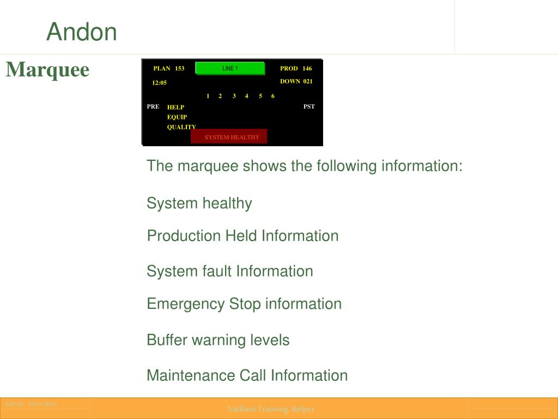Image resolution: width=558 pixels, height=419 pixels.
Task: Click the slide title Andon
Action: click(82, 32)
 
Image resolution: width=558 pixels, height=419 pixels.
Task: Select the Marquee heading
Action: click(47, 70)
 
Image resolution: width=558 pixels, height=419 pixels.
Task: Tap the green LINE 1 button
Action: click(230, 69)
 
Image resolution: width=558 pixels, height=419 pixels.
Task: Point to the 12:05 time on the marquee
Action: click(160, 83)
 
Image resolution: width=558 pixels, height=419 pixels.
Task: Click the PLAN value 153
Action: click(180, 69)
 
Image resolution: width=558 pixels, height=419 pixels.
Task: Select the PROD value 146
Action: click(307, 69)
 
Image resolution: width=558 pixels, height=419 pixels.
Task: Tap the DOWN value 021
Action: click(308, 81)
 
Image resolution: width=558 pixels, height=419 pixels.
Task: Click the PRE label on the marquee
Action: click(153, 106)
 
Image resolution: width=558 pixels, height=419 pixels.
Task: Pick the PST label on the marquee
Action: click(309, 106)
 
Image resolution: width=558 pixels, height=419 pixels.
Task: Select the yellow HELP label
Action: click(175, 107)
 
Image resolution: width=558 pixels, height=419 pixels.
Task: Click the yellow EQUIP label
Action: click(177, 117)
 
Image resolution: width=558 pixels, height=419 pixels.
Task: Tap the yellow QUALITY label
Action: click(181, 127)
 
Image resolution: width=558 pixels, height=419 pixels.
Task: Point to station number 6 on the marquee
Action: click(273, 96)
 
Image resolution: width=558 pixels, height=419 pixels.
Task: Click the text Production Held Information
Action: click(243, 236)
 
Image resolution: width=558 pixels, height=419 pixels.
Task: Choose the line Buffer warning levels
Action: click(218, 340)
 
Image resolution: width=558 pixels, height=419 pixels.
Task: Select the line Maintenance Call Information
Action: click(247, 375)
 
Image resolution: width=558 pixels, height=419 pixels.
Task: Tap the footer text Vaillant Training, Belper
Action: click(271, 409)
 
